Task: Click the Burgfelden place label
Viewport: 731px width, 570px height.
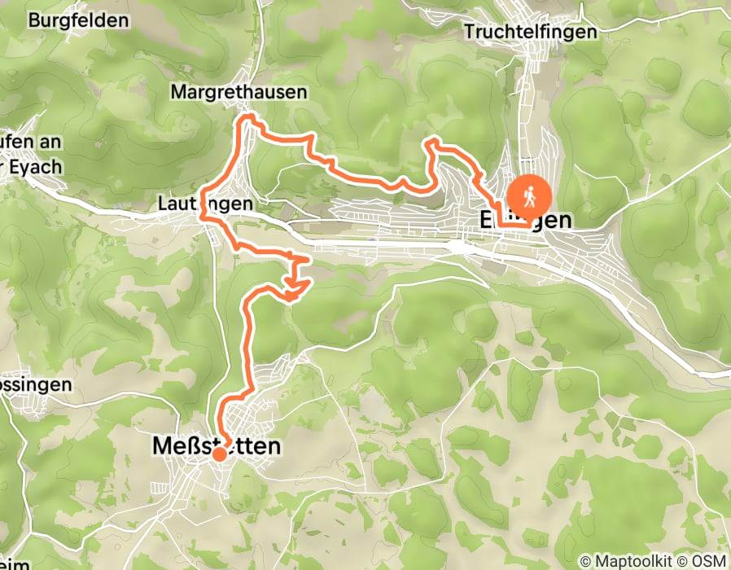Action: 79,21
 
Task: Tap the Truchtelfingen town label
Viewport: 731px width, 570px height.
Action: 531,32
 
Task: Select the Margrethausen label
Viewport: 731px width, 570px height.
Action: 239,93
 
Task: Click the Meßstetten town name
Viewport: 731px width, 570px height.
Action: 217,446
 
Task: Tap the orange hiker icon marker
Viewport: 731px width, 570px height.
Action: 529,196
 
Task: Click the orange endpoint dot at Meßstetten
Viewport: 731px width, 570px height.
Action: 220,454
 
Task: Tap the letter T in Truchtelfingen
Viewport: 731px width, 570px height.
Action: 468,32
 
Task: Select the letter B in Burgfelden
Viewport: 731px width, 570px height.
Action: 33,21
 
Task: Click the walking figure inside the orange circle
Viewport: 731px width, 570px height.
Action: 529,195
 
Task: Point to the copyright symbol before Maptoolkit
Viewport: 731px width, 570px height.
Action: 586,562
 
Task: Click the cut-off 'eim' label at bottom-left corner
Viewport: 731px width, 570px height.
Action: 15,563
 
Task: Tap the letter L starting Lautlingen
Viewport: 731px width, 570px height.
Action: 163,204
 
